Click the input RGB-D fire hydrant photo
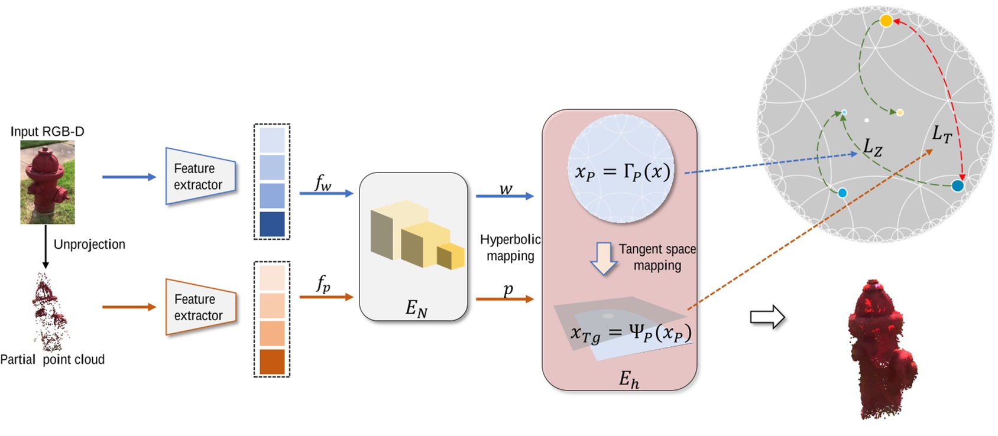[x=47, y=182]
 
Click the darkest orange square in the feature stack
[x=272, y=362]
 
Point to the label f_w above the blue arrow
[x=323, y=183]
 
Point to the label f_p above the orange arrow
[x=323, y=284]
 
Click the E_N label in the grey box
[x=416, y=308]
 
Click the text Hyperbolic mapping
[x=510, y=248]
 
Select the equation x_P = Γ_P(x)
[x=622, y=172]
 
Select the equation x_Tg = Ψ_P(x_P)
[x=630, y=333]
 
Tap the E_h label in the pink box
[x=628, y=379]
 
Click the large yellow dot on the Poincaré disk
[x=886, y=21]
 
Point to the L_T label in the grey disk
[x=941, y=134]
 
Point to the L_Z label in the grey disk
[x=873, y=147]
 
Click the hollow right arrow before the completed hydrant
[x=767, y=317]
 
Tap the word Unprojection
[x=89, y=245]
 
